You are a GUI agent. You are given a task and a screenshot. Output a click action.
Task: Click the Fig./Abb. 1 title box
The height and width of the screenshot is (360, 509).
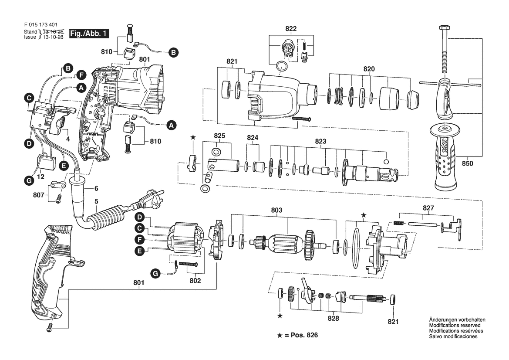[89, 34]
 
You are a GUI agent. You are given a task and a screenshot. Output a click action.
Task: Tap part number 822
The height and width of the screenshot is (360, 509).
[291, 29]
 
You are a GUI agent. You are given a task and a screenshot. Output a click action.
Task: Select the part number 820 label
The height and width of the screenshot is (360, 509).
[369, 69]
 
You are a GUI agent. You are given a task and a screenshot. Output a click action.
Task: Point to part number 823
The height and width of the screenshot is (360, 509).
[320, 141]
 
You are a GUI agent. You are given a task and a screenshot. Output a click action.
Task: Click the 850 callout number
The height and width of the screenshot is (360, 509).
[468, 163]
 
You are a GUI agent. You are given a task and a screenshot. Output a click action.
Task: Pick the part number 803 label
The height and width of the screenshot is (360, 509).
[276, 210]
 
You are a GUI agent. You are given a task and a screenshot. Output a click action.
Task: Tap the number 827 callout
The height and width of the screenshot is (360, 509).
[428, 208]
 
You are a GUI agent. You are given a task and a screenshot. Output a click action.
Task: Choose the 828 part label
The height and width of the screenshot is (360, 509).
[333, 319]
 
